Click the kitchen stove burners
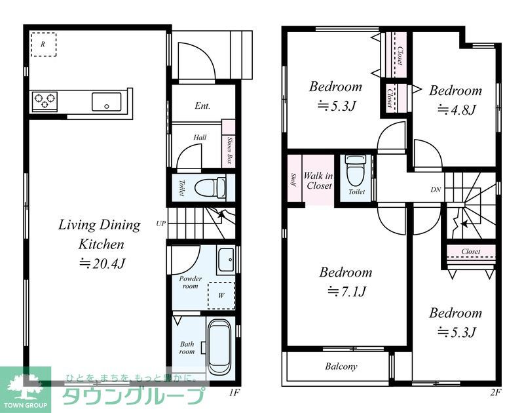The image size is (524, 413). coord(45,101)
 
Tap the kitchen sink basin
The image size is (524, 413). coord(107,102)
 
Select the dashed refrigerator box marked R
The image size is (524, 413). coord(43,44)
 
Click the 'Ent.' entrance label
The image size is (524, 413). coord(202,106)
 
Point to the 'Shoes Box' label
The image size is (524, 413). coord(229,150)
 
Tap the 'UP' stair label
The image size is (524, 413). coord(161,224)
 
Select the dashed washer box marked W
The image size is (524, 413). coord(221,296)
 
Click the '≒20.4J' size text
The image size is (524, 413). coord(102,264)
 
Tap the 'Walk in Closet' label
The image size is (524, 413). coord(318,180)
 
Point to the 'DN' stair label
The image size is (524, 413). coord(436,189)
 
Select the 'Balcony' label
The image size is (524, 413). coord(341,366)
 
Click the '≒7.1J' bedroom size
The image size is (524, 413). coord(347,292)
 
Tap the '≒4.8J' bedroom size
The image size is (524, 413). coord(456,109)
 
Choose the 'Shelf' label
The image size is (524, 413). coord(293,180)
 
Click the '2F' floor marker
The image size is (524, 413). coord(496,393)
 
